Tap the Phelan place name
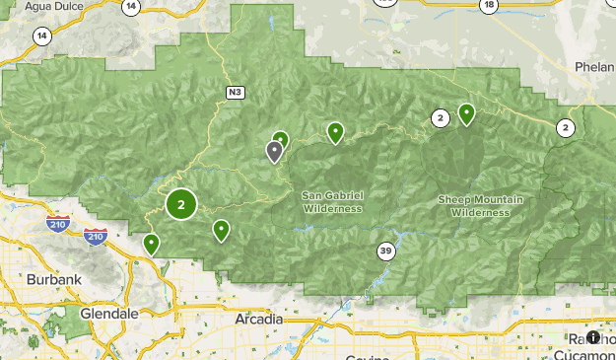pyautogui.click(x=594, y=66)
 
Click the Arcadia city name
pyautogui.click(x=259, y=320)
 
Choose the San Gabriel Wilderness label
pyautogui.click(x=332, y=201)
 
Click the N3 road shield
pyautogui.click(x=235, y=93)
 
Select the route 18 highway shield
pyautogui.click(x=488, y=6)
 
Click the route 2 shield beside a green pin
pyautogui.click(x=440, y=118)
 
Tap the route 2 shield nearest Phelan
pyautogui.click(x=565, y=127)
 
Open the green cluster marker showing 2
pyautogui.click(x=180, y=204)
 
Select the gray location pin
pyautogui.click(x=274, y=151)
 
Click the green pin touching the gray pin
pyautogui.click(x=281, y=139)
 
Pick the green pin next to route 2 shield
pyautogui.click(x=465, y=114)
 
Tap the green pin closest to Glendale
pyautogui.click(x=151, y=243)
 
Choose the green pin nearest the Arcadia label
pyautogui.click(x=221, y=230)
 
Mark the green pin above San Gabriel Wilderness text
pyautogui.click(x=335, y=131)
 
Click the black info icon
pyautogui.click(x=593, y=337)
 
